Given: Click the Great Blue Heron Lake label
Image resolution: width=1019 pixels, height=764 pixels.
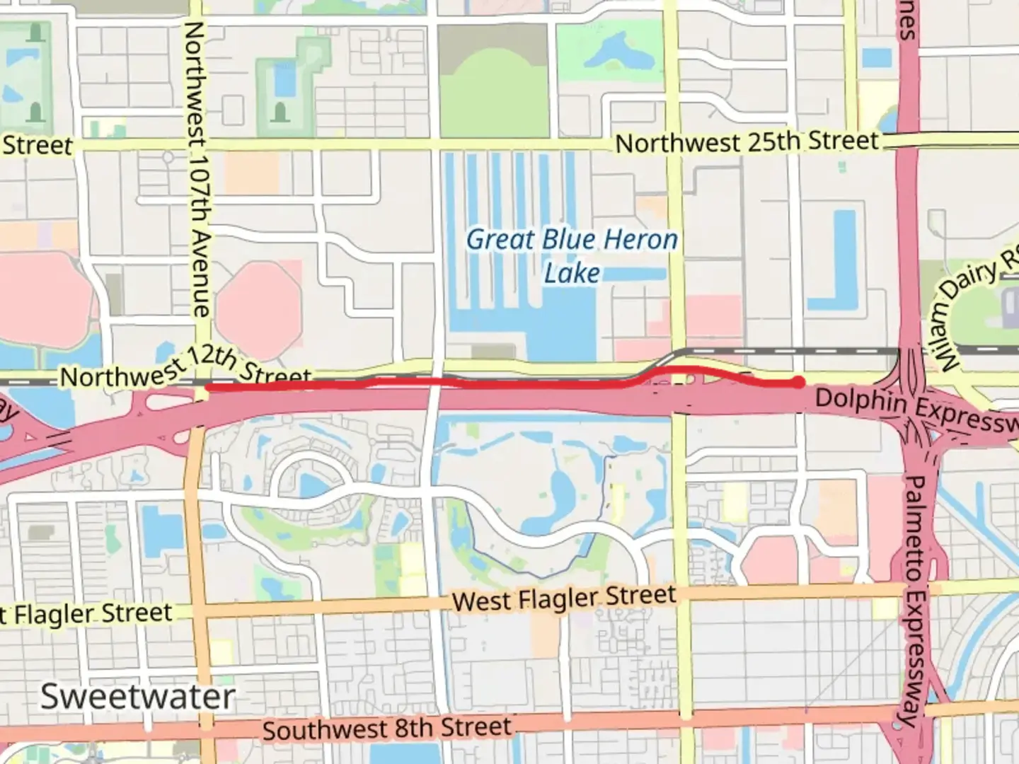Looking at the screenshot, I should (572, 255).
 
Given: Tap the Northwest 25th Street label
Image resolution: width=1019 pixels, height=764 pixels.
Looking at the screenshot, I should (747, 142).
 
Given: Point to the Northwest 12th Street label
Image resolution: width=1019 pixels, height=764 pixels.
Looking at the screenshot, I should (185, 369).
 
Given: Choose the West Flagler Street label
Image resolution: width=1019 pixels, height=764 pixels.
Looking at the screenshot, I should (564, 598).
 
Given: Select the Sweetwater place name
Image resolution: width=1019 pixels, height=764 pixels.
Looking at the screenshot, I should (137, 697).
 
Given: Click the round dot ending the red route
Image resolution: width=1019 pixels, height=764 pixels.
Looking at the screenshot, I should (798, 383).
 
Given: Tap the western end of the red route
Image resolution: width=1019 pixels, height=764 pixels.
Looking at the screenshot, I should (207, 387).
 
